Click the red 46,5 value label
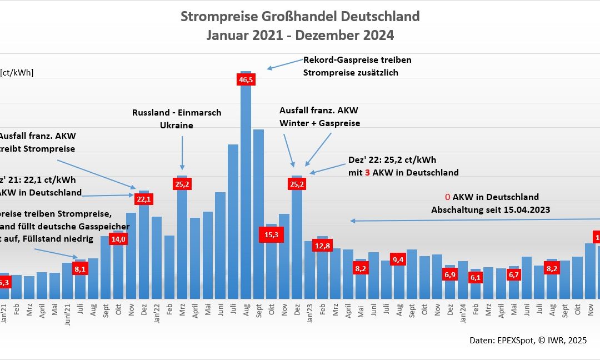coord(246,80)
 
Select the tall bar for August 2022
coord(246,194)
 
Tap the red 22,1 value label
coord(143,198)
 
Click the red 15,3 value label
coord(272,235)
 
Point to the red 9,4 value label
coord(398,259)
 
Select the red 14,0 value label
coord(118,239)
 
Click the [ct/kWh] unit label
coord(17,72)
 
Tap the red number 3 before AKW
coord(367,172)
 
